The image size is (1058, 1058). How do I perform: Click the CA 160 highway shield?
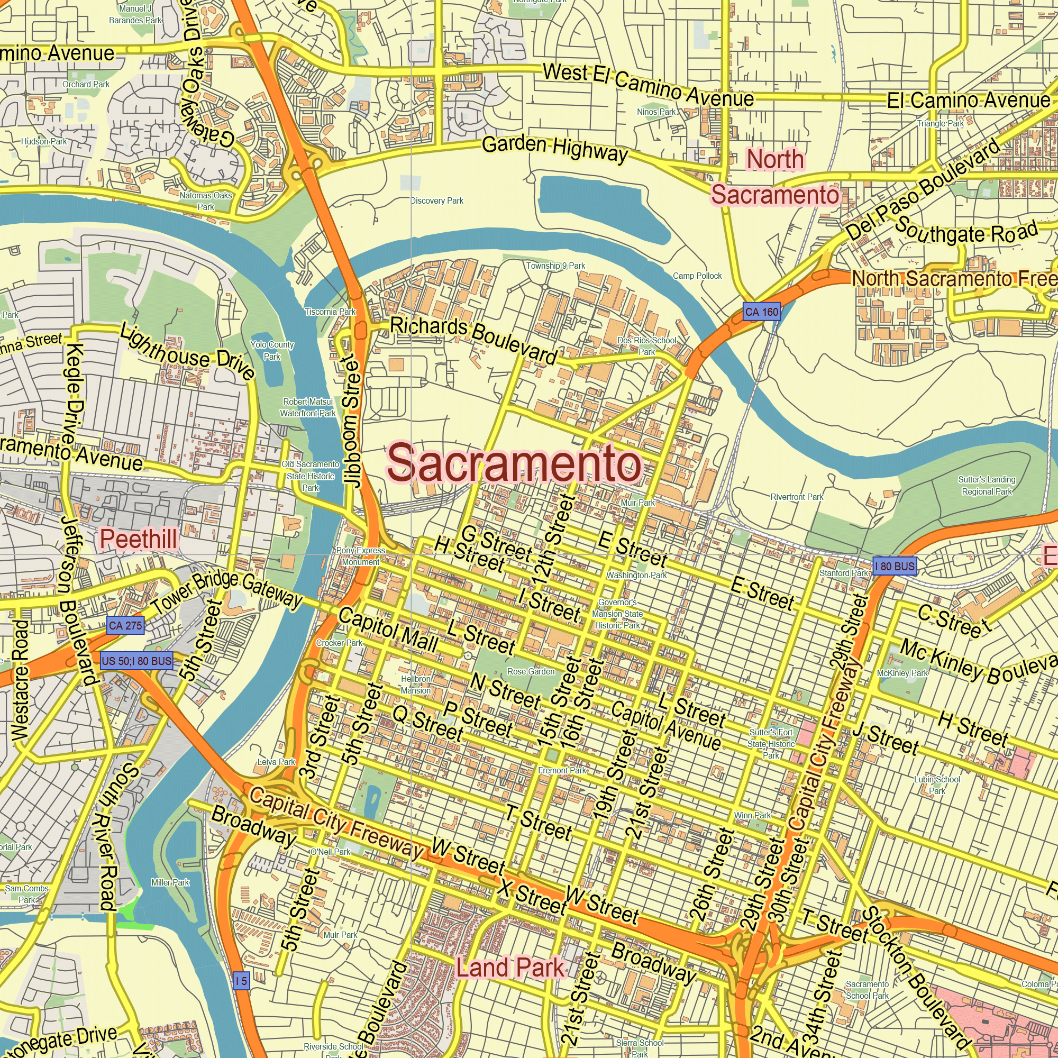pos(761,312)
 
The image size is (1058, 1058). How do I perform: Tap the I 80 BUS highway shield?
pos(894,566)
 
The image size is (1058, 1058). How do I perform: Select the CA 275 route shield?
pos(125,625)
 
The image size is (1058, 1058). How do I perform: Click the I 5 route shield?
pos(241,981)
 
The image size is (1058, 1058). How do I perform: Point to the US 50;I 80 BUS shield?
pos(136,661)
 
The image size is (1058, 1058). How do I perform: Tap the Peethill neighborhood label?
pos(138,539)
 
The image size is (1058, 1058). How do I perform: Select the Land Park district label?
pos(510,968)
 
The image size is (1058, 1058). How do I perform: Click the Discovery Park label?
pos(437,201)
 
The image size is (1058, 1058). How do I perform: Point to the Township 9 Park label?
pos(555,266)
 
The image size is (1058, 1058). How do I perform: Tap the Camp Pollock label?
pos(697,276)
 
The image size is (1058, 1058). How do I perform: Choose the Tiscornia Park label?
pos(330,312)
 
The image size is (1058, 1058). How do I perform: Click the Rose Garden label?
pos(531,671)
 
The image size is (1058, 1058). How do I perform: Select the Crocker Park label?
pos(339,643)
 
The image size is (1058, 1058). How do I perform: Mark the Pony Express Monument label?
pos(360,556)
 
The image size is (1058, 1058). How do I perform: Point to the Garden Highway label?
pos(555,149)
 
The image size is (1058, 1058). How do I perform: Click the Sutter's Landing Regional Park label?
pos(987,485)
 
